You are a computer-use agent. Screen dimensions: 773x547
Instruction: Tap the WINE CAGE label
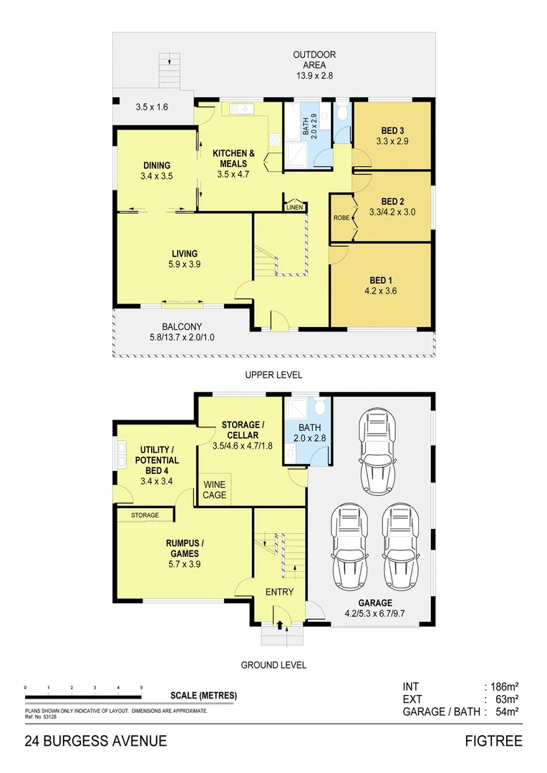point(215,490)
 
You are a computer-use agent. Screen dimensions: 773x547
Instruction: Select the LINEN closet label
point(294,208)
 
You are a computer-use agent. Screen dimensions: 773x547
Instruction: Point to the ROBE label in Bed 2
point(342,216)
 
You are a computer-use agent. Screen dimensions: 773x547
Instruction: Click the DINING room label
point(156,165)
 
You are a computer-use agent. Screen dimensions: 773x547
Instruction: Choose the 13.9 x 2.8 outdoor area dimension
point(314,75)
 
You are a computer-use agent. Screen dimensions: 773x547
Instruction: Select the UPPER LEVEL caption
point(273,374)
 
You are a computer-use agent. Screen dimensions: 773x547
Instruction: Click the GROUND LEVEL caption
point(273,665)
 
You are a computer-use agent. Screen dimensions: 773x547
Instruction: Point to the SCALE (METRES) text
point(203,695)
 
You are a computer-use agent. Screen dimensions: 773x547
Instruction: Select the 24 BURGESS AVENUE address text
point(96,741)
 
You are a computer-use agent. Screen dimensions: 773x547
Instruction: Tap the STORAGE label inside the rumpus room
point(145,515)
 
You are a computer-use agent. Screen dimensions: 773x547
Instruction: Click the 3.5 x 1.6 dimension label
point(151,107)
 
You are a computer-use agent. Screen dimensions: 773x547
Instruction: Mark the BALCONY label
point(181,326)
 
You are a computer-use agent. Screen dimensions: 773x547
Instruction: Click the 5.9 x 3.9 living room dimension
point(184,264)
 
